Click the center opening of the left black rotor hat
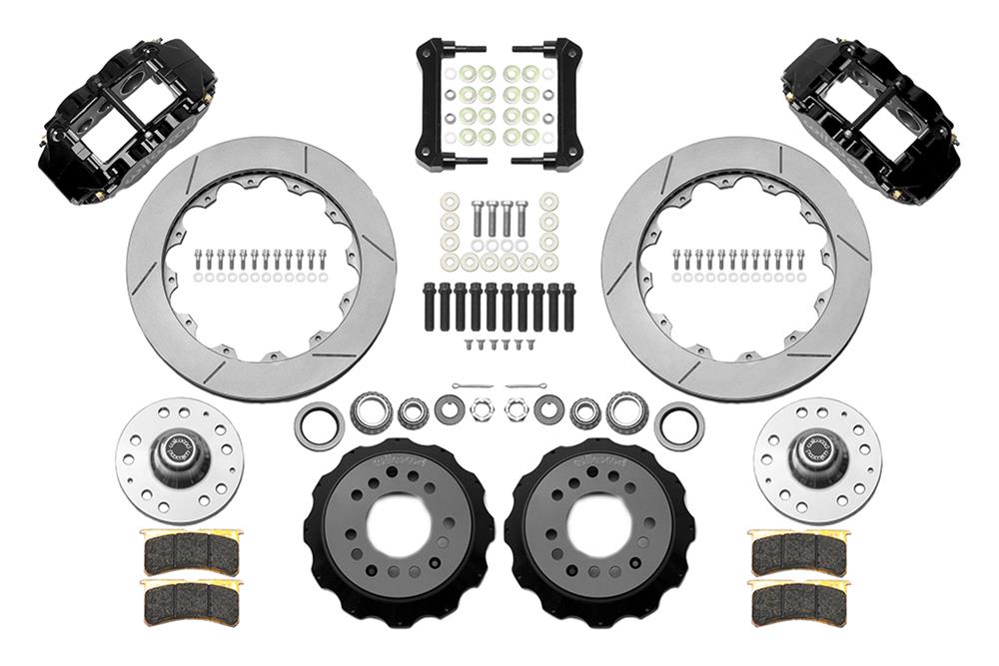[395, 524]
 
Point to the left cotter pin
[470, 385]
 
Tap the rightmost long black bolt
[568, 308]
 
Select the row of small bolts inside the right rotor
[737, 261]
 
